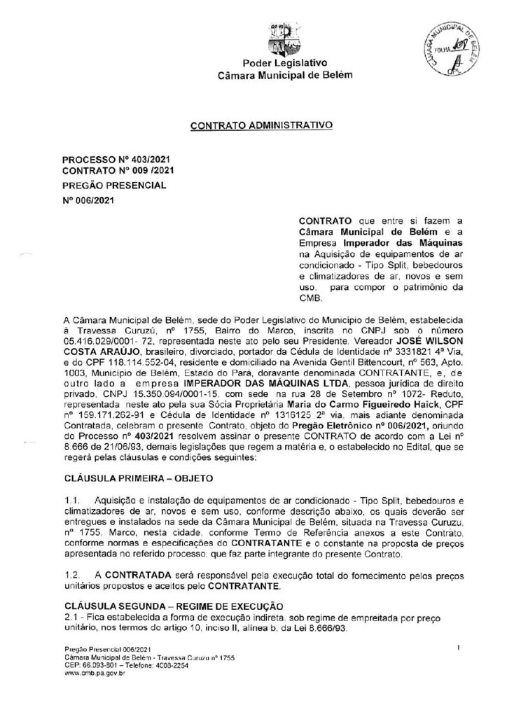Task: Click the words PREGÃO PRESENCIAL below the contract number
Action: [115, 186]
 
